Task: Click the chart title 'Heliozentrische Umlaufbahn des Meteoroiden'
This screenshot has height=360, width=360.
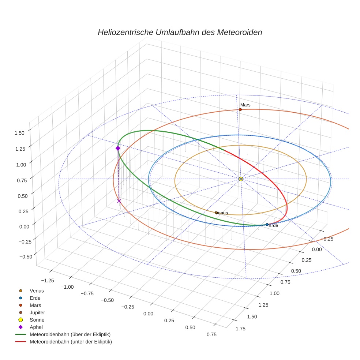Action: pos(180,32)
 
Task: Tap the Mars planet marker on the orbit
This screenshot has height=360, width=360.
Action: pos(240,109)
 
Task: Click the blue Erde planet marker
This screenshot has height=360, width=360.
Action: pos(267,224)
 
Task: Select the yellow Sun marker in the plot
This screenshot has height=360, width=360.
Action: pos(241,179)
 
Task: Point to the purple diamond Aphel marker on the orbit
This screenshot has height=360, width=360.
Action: pos(118,148)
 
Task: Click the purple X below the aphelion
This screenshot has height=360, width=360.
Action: pos(119,201)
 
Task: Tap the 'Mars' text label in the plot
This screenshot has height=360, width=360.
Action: pos(245,105)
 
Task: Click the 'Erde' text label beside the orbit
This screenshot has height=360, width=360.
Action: pos(273,226)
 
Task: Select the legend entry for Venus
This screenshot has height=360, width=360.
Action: pos(37,290)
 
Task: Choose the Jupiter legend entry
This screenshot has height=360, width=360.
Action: pos(37,312)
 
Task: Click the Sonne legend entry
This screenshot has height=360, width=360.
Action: pos(37,320)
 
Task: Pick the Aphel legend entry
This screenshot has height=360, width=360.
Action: pos(36,327)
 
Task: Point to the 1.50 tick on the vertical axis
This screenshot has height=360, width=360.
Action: pos(19,133)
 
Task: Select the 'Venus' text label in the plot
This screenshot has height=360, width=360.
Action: pos(222,213)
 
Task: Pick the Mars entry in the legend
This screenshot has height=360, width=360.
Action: pos(35,305)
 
